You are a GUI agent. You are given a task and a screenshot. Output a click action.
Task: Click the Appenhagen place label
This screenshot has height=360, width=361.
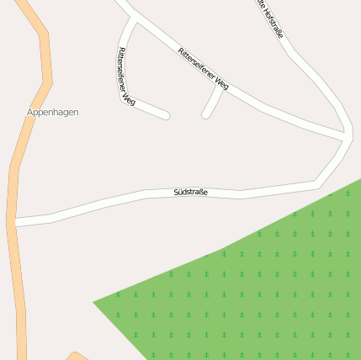point(52,112)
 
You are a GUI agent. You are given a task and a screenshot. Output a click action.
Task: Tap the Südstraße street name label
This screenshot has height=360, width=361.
point(190,193)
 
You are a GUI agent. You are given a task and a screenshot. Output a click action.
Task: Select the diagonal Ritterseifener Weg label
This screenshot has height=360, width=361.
point(203,68)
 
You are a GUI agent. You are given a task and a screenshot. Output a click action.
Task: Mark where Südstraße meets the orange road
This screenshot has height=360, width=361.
point(14,222)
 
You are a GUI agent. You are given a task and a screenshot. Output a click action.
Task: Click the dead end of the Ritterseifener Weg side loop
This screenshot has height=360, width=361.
point(167,115)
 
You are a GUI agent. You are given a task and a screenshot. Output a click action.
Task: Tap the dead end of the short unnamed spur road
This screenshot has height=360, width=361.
point(205,114)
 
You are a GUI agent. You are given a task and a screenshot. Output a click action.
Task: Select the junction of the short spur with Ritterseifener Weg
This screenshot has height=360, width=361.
point(222,87)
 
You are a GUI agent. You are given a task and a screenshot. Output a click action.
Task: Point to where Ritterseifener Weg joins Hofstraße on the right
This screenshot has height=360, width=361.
point(346,135)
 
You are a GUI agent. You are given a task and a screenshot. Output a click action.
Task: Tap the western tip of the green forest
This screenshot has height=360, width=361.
point(94,300)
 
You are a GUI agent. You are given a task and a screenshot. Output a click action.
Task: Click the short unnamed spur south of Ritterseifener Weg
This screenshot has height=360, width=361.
point(214,101)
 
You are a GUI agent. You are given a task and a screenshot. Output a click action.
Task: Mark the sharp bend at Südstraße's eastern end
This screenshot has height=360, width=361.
point(316,182)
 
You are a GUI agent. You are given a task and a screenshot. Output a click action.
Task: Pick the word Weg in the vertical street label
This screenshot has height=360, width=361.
point(128,99)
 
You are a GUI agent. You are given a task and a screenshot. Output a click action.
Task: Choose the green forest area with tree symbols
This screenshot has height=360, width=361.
point(252,286)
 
